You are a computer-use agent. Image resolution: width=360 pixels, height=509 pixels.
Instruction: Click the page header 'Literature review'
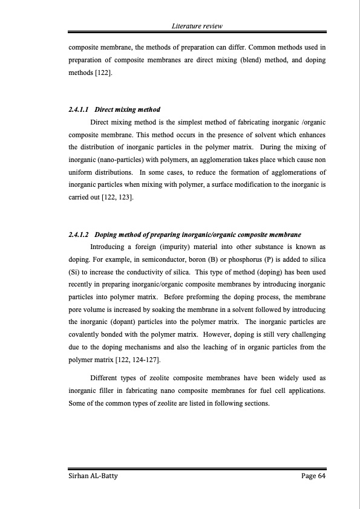197,26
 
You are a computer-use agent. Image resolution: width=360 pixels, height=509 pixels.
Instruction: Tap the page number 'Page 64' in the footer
313,477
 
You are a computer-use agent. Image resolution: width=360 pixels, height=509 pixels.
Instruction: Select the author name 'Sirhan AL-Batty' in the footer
93,477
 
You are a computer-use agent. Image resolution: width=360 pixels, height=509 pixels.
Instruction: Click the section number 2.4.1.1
79,109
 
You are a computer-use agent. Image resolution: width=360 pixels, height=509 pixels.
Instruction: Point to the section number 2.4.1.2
79,234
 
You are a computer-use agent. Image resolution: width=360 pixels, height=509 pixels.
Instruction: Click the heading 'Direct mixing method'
128,109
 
